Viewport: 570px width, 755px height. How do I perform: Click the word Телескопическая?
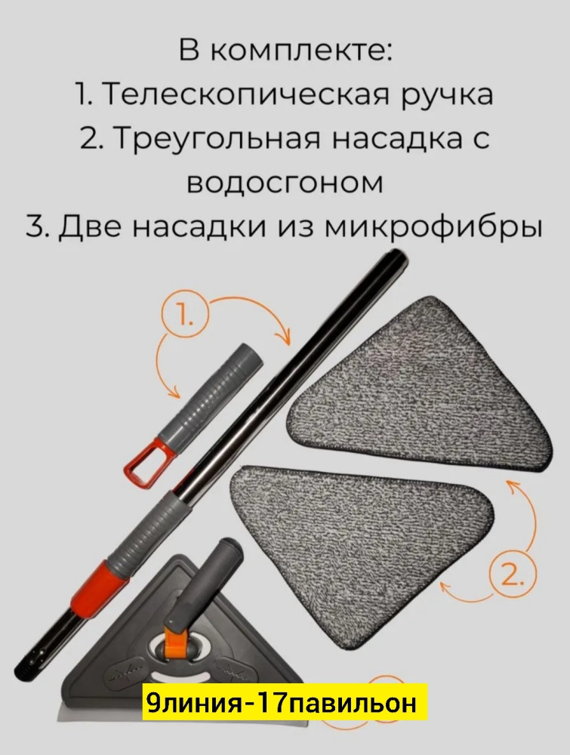tap(238, 95)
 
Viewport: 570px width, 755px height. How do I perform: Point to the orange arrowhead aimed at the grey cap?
tap(173, 393)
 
